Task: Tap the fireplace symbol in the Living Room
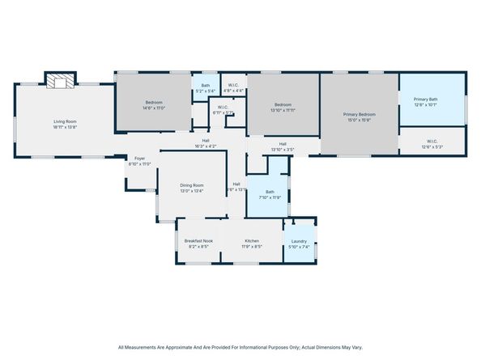[57, 80]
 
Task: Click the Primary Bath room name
[431, 99]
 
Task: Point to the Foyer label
[139, 159]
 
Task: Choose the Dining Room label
[192, 186]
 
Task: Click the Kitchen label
[252, 241]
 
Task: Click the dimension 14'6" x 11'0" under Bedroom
[155, 108]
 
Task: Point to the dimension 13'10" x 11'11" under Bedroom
[283, 109]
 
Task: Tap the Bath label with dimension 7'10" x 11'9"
[270, 192]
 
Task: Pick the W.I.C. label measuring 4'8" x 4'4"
[232, 86]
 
